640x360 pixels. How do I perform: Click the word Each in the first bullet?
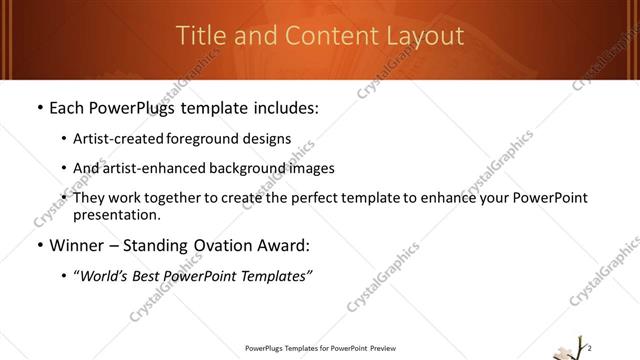(x=69, y=106)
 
